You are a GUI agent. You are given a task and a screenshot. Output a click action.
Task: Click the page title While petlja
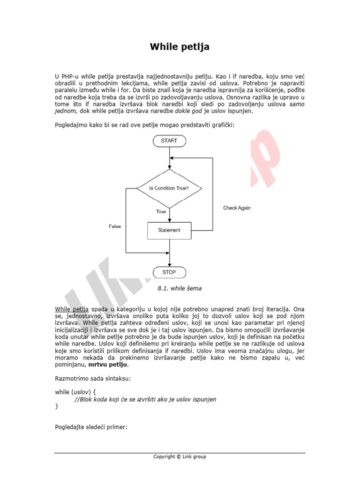[x=180, y=47]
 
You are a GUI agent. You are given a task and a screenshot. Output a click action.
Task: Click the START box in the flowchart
[x=169, y=141]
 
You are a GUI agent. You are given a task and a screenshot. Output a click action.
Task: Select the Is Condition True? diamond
[x=169, y=188]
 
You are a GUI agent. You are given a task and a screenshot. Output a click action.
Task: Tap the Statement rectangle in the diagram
[x=169, y=230]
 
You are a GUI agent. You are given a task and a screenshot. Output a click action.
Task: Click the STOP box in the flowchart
[x=169, y=272]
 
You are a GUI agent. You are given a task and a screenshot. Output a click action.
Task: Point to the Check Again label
[x=237, y=208]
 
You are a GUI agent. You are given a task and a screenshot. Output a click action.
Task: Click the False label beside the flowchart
[x=115, y=226]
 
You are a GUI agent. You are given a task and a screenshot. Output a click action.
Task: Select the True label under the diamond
[x=161, y=212]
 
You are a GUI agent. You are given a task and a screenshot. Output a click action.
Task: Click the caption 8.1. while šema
[x=180, y=289]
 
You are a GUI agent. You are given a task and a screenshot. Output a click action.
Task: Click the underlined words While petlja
[x=72, y=309]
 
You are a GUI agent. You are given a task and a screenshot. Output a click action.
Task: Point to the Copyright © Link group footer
[x=180, y=457]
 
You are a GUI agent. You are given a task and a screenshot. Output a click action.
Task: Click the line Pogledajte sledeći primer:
[x=91, y=427]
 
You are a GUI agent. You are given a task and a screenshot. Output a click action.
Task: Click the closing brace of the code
[x=57, y=406]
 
